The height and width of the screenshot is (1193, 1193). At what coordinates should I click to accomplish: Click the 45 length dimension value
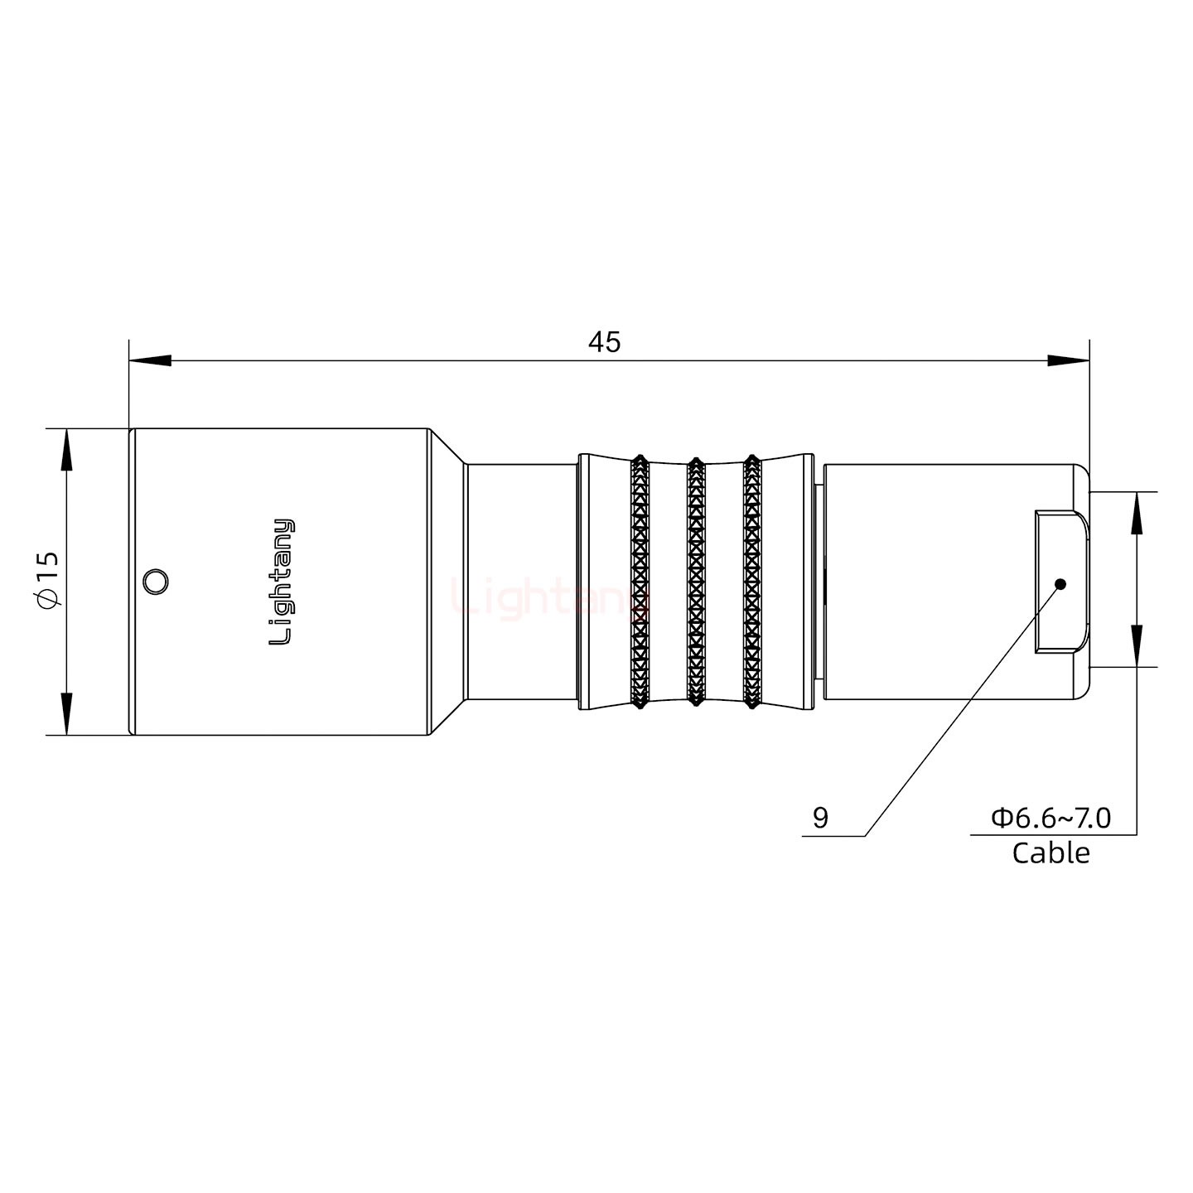click(x=604, y=341)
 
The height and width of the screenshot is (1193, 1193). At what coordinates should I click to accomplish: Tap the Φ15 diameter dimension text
click(x=48, y=581)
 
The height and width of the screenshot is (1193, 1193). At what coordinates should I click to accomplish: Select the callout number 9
click(x=820, y=818)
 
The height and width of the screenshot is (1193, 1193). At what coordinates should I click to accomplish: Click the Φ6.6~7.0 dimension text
click(x=1051, y=818)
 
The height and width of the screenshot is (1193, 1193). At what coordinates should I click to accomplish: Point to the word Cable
click(x=1051, y=852)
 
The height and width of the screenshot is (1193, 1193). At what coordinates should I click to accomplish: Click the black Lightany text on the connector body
click(x=283, y=582)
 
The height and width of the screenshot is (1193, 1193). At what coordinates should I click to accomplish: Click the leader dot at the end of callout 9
click(x=1060, y=584)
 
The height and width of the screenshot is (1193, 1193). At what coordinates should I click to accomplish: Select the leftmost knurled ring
click(x=640, y=582)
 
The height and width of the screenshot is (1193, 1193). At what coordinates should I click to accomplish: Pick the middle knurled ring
click(x=696, y=582)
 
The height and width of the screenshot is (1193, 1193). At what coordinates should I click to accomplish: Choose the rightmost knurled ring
click(x=751, y=582)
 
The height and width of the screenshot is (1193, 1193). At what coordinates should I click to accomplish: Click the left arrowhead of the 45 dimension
click(x=150, y=361)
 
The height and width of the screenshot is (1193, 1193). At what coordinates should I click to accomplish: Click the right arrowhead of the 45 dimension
click(x=1069, y=361)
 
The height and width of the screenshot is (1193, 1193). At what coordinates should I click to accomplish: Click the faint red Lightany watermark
click(x=547, y=598)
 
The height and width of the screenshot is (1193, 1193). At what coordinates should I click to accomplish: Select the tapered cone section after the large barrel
click(x=448, y=582)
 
